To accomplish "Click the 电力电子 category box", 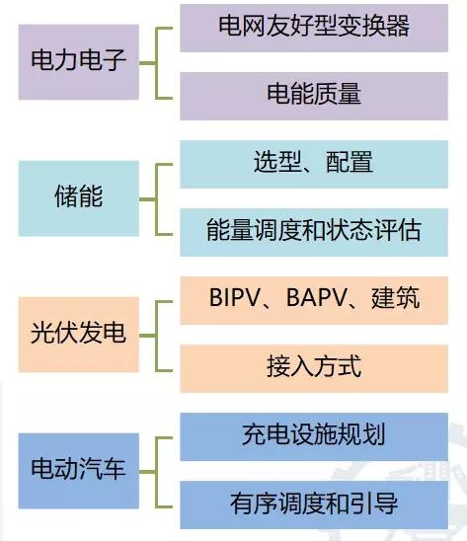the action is click(79, 62).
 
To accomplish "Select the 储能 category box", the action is click(79, 198).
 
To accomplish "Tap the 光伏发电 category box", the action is click(79, 335).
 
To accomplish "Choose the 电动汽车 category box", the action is click(79, 471).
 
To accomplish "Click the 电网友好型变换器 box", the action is click(314, 28).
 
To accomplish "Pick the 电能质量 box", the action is click(314, 97).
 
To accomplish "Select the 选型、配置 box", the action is click(314, 164).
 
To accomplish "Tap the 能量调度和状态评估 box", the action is click(314, 232).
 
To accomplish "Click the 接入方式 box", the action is click(314, 368).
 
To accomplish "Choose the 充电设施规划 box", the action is click(314, 436).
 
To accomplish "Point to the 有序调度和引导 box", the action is click(314, 504).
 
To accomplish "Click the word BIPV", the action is click(234, 297).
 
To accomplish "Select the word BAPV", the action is click(316, 297).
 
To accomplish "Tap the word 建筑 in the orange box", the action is click(396, 297).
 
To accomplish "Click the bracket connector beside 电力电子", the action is click(156, 63).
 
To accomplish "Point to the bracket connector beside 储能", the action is click(156, 199).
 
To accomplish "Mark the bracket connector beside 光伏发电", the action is click(156, 336).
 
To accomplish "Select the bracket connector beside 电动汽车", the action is click(156, 472).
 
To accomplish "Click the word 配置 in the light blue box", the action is click(350, 162).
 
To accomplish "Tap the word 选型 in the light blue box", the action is click(277, 162).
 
